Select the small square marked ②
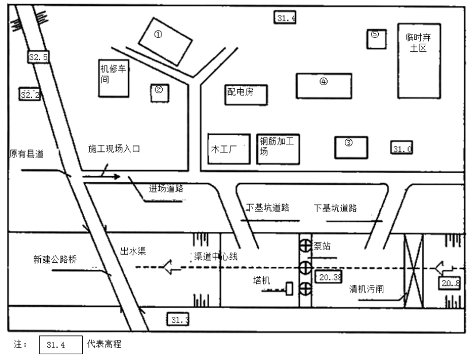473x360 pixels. tap(159, 93)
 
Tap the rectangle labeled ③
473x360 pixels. tap(351, 147)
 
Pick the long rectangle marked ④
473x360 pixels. tap(324, 85)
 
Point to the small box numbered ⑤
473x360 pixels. tap(375, 38)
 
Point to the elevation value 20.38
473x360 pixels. tap(329, 277)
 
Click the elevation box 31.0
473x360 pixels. tap(402, 148)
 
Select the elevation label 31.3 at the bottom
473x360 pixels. tap(178, 319)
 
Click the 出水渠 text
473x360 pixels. tap(132, 251)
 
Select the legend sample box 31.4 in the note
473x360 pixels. tap(61, 345)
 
